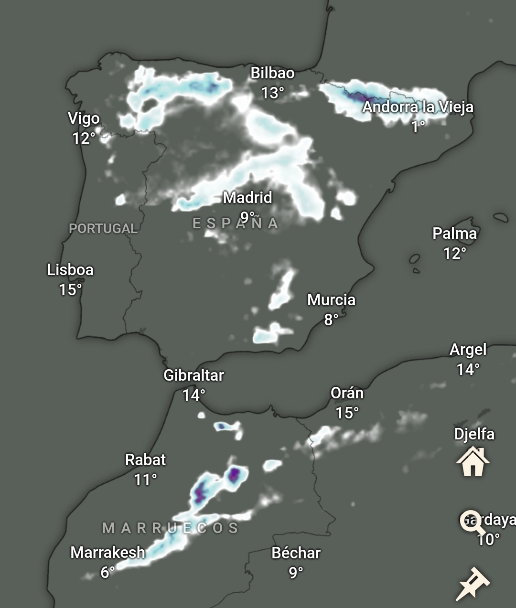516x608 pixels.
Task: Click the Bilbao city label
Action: tap(272, 73)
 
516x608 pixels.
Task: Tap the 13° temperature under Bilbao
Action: tap(272, 93)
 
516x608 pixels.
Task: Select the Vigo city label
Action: tap(84, 118)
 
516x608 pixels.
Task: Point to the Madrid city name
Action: tap(247, 197)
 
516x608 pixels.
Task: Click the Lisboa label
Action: tap(70, 270)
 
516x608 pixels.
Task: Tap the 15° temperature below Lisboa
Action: tap(70, 289)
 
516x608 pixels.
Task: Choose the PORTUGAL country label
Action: tap(103, 228)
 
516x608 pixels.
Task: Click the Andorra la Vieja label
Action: tap(418, 107)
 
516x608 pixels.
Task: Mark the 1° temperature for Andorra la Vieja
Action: tap(418, 127)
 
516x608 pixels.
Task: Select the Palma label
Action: tap(454, 234)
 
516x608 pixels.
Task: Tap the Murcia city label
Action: tap(331, 300)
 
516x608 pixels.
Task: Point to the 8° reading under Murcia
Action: tap(331, 319)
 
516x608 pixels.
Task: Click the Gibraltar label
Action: tap(193, 375)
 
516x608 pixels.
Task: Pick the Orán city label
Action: tap(347, 393)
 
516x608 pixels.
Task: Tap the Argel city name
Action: tap(468, 350)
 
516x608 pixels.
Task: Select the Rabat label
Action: tap(145, 460)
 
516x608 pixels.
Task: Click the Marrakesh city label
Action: tap(107, 553)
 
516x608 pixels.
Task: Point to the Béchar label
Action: tap(296, 553)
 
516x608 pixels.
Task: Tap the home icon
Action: tap(473, 462)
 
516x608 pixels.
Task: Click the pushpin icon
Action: tap(473, 583)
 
